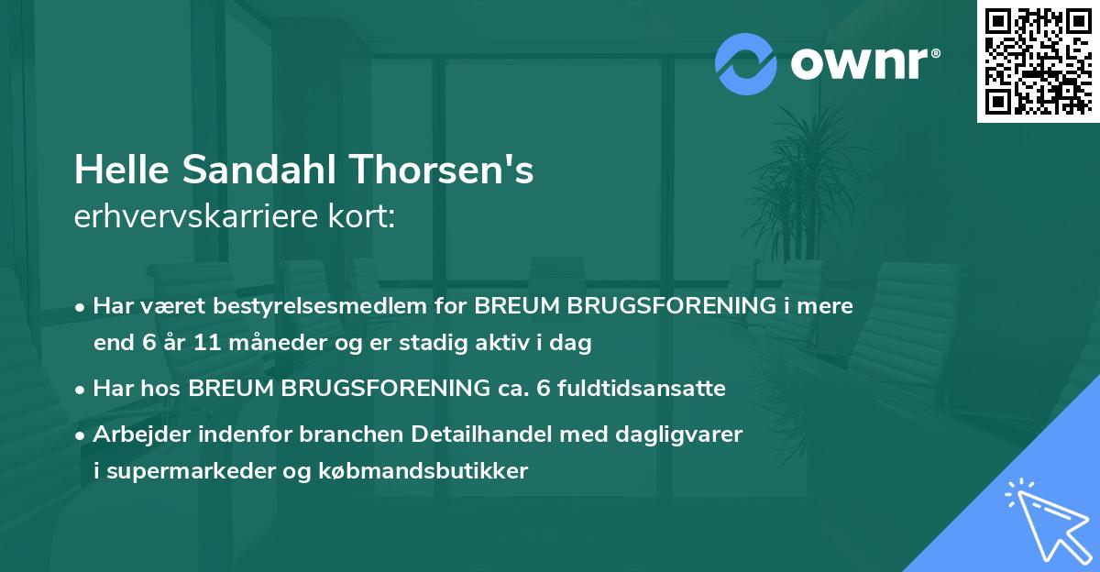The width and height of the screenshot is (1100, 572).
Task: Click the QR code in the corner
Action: [1038, 60]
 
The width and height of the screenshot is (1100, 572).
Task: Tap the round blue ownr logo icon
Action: [746, 63]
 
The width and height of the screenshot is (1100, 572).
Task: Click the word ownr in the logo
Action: [862, 63]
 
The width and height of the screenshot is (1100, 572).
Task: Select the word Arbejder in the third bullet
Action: [137, 434]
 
